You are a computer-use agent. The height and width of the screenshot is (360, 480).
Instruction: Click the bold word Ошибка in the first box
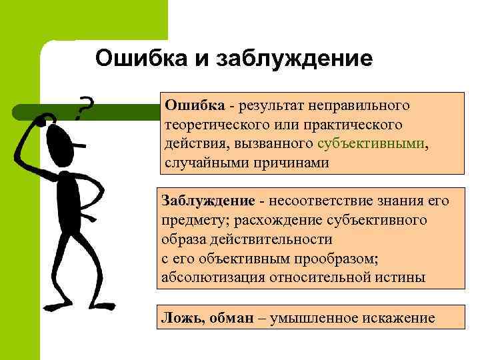[194, 105]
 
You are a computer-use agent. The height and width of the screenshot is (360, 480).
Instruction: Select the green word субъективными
[369, 144]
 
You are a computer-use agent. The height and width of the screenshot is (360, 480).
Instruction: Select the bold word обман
[230, 318]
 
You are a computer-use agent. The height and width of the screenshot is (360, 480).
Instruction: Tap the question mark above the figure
[84, 107]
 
